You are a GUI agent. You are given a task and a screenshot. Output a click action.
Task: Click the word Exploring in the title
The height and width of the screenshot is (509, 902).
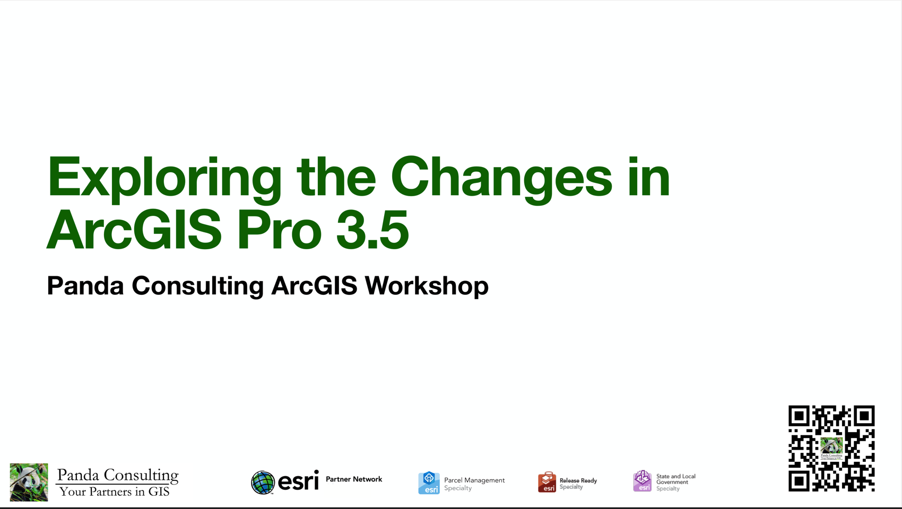pos(164,178)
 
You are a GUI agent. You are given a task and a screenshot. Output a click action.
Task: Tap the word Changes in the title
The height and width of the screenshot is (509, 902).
pos(501,178)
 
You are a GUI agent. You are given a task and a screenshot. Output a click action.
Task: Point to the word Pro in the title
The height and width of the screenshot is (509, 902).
pos(279,230)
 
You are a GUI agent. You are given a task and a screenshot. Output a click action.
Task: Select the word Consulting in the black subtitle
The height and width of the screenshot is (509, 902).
pos(197,286)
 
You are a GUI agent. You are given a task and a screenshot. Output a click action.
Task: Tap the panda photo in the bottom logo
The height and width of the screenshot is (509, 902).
pos(29,482)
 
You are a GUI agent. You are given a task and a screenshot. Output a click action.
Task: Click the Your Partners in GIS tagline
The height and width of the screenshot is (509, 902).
pos(114,492)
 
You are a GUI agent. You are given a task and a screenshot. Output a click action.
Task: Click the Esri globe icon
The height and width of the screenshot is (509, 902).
pos(263,482)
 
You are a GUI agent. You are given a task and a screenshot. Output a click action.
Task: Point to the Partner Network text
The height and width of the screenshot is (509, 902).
pos(354,479)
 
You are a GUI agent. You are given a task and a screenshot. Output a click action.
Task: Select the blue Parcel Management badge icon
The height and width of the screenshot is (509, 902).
pos(429,482)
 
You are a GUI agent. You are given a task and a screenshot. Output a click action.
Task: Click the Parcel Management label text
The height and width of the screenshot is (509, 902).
pos(474,480)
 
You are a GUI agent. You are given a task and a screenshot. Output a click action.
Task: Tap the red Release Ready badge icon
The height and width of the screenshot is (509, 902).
pos(547,482)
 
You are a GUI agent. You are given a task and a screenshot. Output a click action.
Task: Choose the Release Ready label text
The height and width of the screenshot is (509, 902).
pos(578,481)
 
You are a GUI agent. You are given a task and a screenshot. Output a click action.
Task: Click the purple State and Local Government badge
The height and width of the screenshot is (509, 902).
pos(642,481)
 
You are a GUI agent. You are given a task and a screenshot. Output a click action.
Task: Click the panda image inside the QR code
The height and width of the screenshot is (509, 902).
pos(831,445)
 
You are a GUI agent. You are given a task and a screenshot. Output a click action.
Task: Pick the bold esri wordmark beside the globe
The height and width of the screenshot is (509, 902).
pos(298,481)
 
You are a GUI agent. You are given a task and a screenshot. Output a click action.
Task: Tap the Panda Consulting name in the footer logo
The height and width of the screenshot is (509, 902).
pos(118,475)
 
